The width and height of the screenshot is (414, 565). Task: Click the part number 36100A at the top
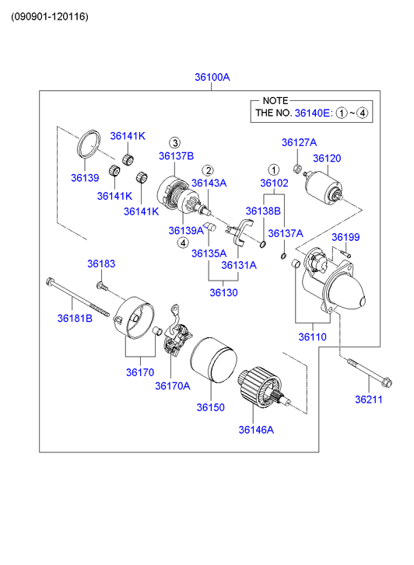[x=212, y=77]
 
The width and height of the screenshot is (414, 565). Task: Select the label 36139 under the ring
[x=85, y=178]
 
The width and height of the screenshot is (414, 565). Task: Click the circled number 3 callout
[x=175, y=143]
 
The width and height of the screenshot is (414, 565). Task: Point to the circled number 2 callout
[x=208, y=170]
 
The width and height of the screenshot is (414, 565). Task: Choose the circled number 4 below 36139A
[x=183, y=242]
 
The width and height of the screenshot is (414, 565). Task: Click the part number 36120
[x=327, y=159]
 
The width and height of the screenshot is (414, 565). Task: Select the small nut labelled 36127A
[x=297, y=169]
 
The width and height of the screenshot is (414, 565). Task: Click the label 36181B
[x=75, y=318]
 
